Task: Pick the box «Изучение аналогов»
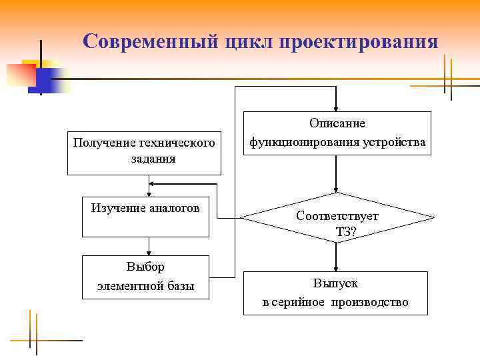pos(145,217)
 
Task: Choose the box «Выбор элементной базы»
pos(145,277)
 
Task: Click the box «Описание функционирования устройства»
pos(337,133)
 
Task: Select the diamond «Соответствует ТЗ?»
pos(337,217)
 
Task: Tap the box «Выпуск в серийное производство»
pos(335,293)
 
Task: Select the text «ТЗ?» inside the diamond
pos(347,231)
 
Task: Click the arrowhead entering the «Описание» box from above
pos(337,108)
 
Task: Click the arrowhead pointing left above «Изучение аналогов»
pos(153,184)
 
